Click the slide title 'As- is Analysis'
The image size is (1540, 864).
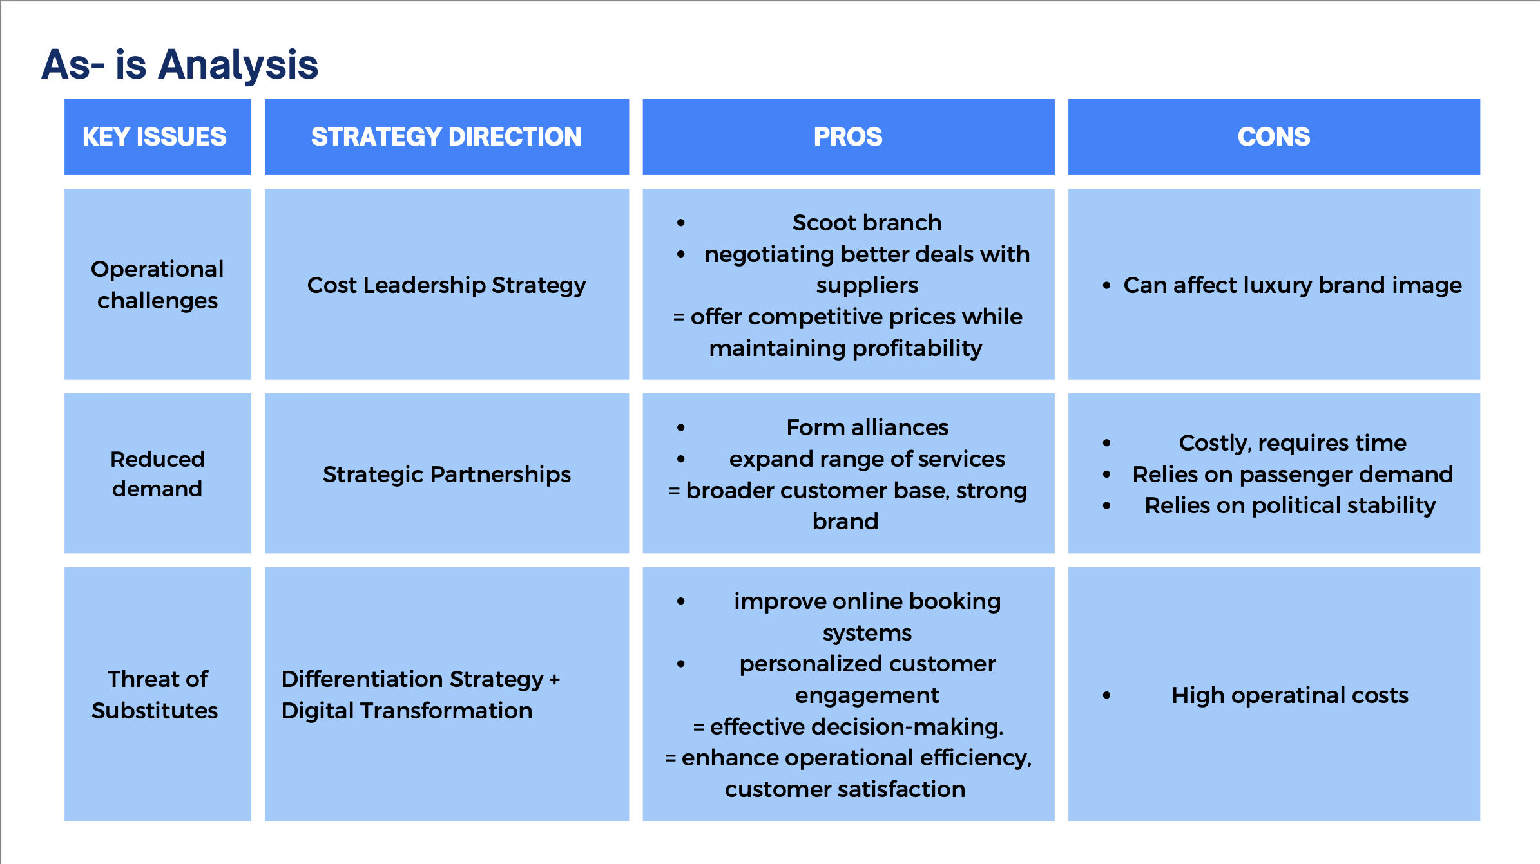click(180, 64)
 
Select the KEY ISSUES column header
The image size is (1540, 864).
click(155, 136)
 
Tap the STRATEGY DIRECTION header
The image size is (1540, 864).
click(446, 136)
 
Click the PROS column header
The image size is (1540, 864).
click(848, 136)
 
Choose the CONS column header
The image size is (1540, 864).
click(1273, 136)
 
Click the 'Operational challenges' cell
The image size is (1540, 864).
click(157, 285)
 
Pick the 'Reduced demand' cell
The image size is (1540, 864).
click(157, 473)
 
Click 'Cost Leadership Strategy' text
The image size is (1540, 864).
click(446, 285)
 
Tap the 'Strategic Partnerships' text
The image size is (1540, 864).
click(446, 474)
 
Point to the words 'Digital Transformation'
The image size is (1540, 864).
click(407, 711)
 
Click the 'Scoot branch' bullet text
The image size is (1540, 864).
click(867, 223)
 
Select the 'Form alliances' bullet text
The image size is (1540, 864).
click(867, 427)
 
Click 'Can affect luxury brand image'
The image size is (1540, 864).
click(1292, 285)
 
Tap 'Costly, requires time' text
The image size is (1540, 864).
click(1292, 443)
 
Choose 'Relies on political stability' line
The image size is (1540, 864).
click(1290, 505)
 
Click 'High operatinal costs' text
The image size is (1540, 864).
click(1290, 695)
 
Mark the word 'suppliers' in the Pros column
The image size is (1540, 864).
click(867, 285)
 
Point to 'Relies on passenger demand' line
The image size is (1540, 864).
click(1292, 474)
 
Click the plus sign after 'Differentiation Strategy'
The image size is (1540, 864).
click(554, 680)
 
